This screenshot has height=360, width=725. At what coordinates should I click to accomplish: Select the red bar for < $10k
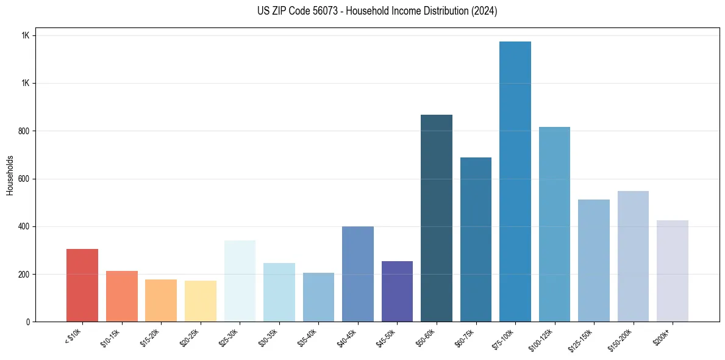tap(82, 285)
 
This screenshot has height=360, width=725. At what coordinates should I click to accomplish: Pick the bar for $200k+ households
tap(673, 271)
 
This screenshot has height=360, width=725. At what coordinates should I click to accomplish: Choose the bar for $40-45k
tap(358, 274)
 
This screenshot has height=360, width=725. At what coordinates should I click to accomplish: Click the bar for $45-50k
tap(397, 291)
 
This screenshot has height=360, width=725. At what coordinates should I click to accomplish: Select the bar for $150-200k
tap(633, 256)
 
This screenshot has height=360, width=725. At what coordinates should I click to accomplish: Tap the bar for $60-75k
tap(476, 239)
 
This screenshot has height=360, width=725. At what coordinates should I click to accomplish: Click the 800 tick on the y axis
tap(24, 131)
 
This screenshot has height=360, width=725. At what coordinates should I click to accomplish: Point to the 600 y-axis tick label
tap(24, 179)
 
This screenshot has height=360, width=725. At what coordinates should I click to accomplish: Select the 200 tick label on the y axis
tap(24, 275)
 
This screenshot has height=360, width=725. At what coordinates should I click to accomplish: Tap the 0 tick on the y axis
tap(28, 322)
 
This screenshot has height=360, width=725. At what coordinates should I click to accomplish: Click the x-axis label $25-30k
tap(229, 337)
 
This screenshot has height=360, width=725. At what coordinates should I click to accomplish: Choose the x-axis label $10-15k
tap(110, 337)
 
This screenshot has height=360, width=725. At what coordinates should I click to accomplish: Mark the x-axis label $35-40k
tap(307, 337)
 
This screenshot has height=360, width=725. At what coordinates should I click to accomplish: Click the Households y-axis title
tap(10, 175)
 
